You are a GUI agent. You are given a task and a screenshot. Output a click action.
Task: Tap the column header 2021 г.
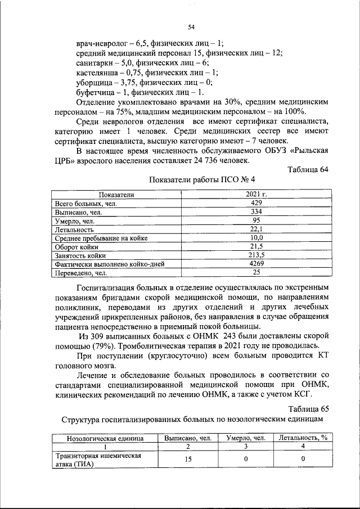(256, 194)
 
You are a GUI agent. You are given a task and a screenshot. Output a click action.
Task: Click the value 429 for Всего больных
(256, 202)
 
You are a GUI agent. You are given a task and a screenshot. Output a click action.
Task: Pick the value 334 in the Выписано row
(256, 211)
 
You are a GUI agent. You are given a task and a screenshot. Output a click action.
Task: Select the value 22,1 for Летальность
(256, 229)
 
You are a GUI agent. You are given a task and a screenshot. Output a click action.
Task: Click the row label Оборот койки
(77, 247)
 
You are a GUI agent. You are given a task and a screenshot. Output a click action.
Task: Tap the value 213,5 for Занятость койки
(256, 256)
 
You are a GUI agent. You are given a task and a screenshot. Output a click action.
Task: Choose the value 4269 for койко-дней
(256, 264)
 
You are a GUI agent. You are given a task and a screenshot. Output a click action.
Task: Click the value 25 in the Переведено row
(256, 273)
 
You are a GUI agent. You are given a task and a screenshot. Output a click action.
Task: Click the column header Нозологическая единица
(105, 437)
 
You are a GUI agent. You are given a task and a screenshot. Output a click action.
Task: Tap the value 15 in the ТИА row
(188, 460)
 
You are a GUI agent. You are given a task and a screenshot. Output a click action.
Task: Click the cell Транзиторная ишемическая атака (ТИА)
(97, 460)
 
